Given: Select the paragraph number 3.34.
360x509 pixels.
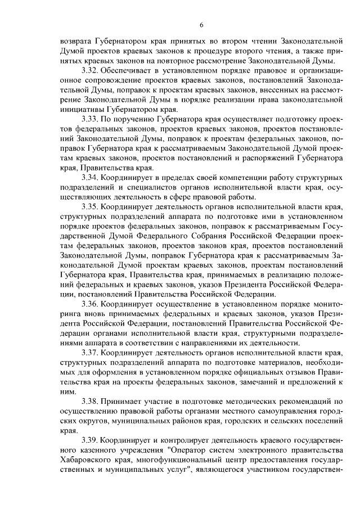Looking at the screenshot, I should [91, 177].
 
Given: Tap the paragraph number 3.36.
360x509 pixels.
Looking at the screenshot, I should [91, 304].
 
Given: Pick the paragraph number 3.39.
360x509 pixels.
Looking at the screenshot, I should [91, 439].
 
